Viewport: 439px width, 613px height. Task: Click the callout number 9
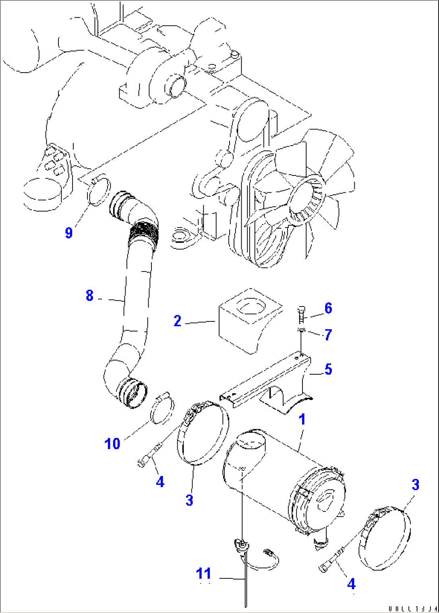(69, 233)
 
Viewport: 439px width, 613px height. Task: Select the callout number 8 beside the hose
(89, 296)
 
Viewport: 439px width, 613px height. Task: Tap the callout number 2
(178, 321)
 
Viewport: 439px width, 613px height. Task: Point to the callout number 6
(328, 309)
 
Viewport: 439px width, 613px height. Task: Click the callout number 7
(328, 335)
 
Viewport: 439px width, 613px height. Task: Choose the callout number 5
(328, 369)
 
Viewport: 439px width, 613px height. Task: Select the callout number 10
(112, 444)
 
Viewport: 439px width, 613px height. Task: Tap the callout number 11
(203, 573)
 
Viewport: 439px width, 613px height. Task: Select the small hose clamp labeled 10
(162, 410)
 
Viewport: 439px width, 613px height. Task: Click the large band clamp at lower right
(385, 540)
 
